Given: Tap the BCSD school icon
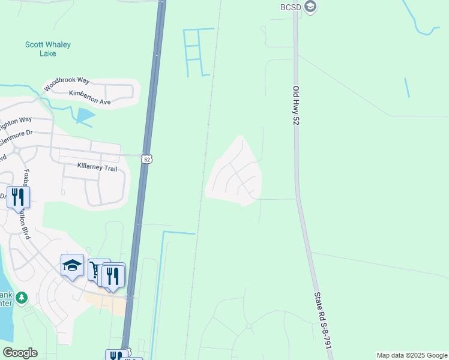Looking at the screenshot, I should click(310, 7).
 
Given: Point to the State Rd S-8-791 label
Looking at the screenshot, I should click(323, 322).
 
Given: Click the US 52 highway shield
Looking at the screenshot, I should click(146, 159).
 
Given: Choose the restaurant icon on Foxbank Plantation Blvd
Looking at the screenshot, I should click(18, 197).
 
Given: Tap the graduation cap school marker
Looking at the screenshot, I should click(71, 265).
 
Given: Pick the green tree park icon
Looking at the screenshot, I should click(22, 298).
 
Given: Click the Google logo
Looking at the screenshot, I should click(20, 353).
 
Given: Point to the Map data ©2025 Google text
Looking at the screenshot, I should click(412, 355).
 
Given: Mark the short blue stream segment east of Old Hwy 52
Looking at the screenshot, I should click(407, 88).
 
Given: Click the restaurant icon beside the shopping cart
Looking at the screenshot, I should click(113, 275).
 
